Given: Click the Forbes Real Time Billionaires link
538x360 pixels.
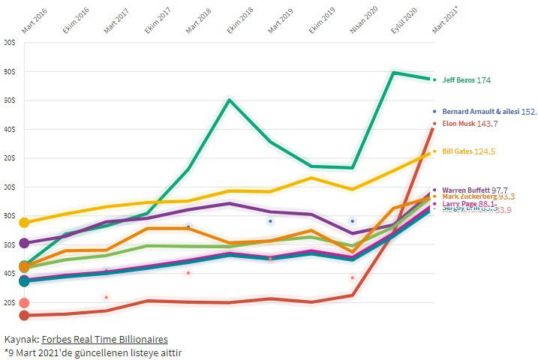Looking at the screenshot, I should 104,340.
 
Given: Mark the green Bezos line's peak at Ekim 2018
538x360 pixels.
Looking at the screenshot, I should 230,100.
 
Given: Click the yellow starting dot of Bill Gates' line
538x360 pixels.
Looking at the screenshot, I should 24,223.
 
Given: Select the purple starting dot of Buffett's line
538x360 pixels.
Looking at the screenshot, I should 24,243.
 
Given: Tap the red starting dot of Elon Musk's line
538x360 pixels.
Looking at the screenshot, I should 24,316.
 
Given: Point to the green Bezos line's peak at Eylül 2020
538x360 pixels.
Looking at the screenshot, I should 394,73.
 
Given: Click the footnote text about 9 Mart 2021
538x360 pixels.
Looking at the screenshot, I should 93,352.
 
